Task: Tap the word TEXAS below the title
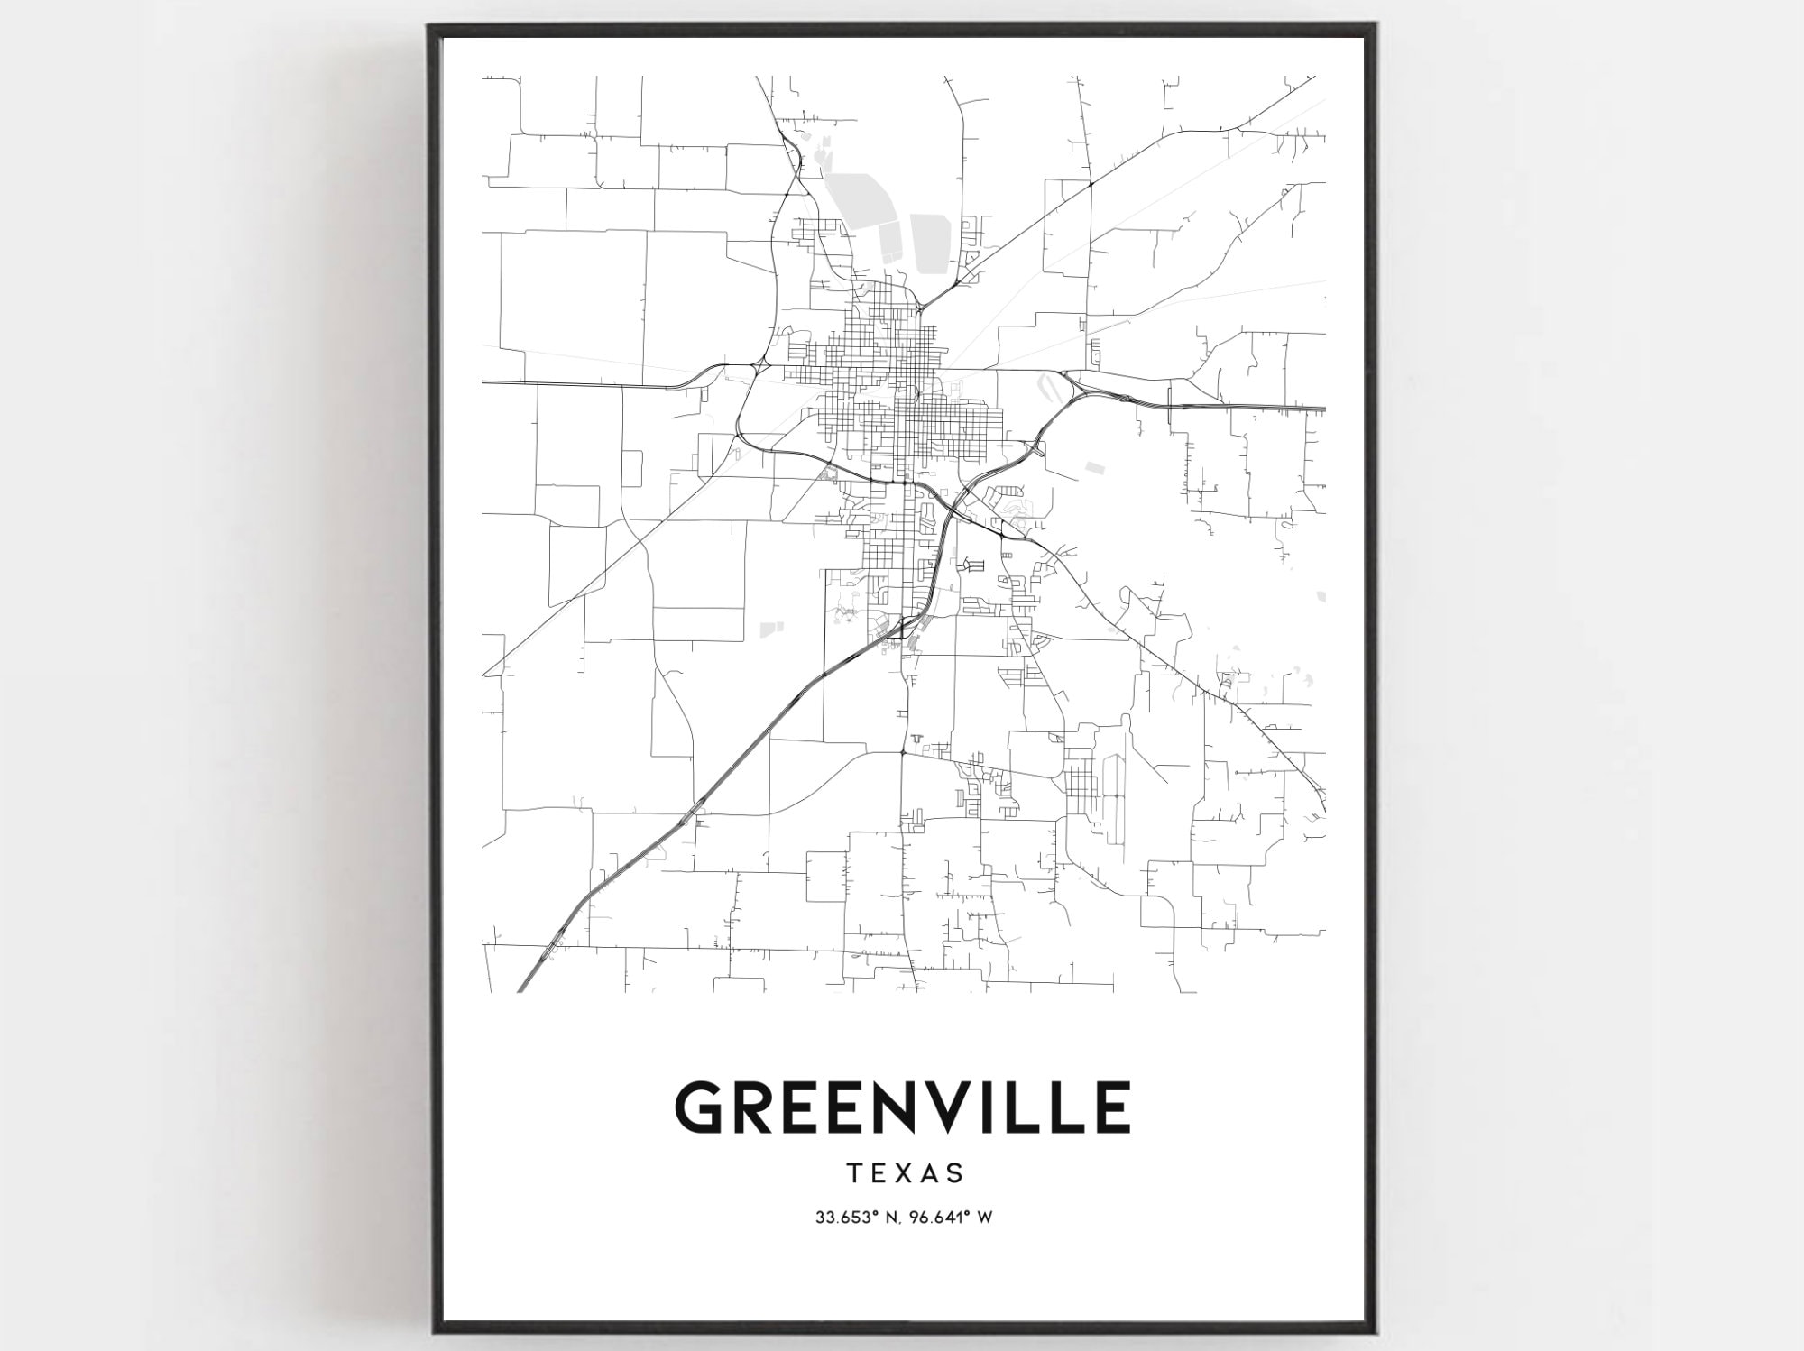pyautogui.click(x=905, y=1172)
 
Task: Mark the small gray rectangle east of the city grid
pyautogui.click(x=1094, y=467)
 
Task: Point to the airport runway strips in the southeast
pyautogui.click(x=1114, y=794)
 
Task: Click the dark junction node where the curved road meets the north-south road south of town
pyautogui.click(x=902, y=751)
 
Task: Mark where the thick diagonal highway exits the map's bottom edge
pyautogui.click(x=521, y=991)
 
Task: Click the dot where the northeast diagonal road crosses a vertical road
pyautogui.click(x=1091, y=184)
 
